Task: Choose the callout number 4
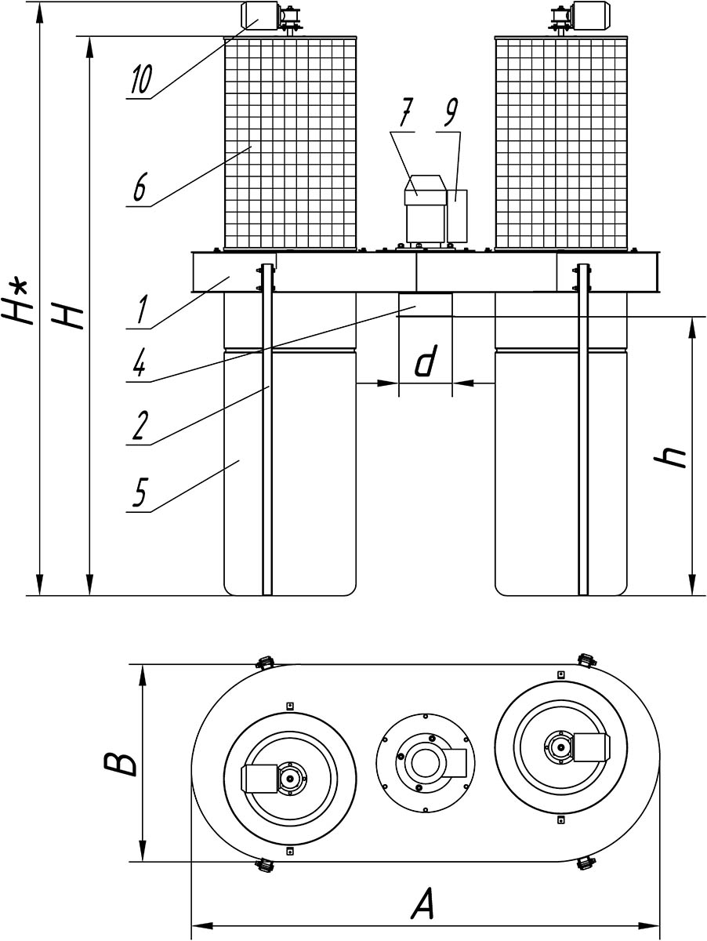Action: coord(139,367)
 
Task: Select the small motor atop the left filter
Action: coord(257,15)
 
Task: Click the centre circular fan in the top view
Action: coord(422,761)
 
